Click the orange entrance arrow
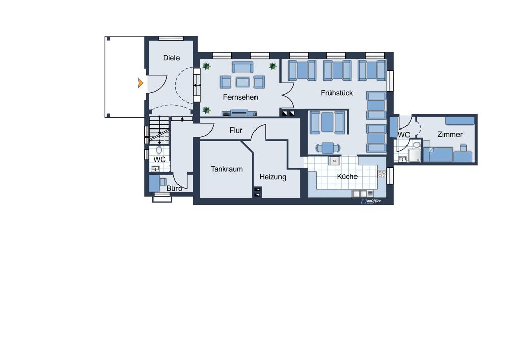[140, 83]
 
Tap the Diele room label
[171, 58]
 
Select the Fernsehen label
[241, 97]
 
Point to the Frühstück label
[337, 93]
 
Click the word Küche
[347, 176]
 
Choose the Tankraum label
[226, 169]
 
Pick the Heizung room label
[273, 177]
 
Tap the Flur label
[236, 131]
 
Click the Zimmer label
[450, 134]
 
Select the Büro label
[174, 188]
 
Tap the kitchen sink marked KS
[334, 160]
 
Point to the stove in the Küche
[382, 174]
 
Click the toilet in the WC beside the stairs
[159, 150]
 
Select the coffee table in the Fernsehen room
[242, 82]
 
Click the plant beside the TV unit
[206, 110]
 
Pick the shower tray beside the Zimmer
[415, 155]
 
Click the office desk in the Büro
[154, 184]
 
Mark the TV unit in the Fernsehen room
[239, 113]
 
